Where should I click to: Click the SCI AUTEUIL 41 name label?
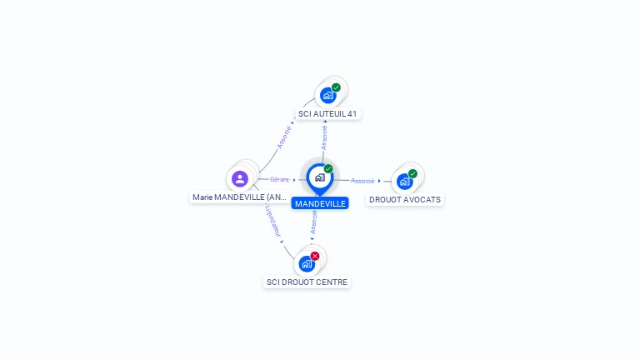coord(329,113)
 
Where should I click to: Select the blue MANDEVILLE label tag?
coord(320,203)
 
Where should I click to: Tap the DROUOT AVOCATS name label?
coord(405,200)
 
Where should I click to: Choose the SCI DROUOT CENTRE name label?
coord(307,282)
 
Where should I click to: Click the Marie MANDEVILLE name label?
coord(240,197)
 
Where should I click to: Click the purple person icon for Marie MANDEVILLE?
coord(240,178)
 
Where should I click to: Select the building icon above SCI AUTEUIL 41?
coord(328,95)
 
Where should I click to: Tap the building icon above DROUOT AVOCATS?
coord(404,181)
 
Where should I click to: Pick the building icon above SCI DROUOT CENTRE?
coord(307,263)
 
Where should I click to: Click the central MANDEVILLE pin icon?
coord(320,177)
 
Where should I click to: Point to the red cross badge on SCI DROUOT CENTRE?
coord(315,256)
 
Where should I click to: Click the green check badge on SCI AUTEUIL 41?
coord(336,87)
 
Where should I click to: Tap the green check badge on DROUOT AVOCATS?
coord(412,173)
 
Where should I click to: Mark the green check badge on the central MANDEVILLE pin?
coord(328,169)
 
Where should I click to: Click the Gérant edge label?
coord(279,179)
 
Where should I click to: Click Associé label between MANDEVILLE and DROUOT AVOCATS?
coord(362,180)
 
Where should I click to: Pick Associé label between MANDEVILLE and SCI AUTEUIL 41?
coord(324,137)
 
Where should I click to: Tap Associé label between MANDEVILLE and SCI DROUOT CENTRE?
coord(313,222)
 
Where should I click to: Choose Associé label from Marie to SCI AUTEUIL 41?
coord(284,137)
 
